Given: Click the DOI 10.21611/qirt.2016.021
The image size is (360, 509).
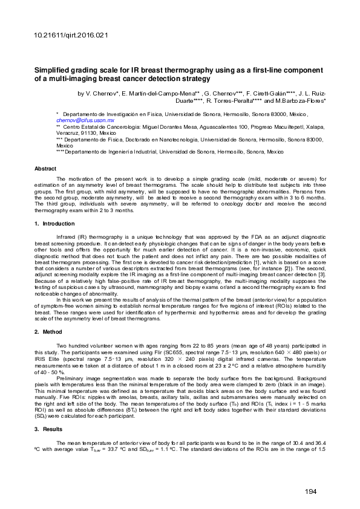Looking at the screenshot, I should point(69,36).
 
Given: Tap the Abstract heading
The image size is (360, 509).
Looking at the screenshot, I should point(45,169).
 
